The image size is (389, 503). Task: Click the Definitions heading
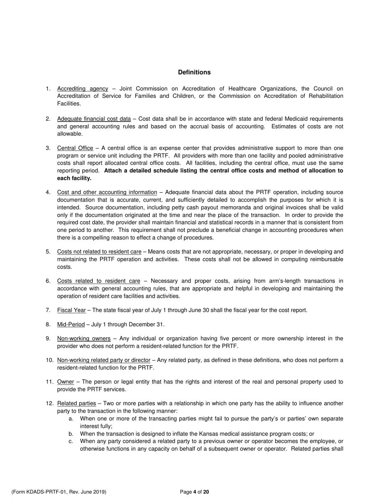tap(194, 72)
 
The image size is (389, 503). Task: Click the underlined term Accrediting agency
tap(83, 89)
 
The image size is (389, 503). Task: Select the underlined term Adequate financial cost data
tap(94, 119)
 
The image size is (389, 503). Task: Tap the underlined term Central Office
tap(75, 148)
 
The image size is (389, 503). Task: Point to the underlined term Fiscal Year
tap(71, 310)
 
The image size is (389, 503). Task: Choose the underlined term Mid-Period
tap(71, 325)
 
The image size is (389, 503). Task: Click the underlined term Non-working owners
tap(84, 339)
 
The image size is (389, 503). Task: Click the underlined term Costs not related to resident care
tap(99, 251)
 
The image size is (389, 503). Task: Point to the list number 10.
tap(50, 360)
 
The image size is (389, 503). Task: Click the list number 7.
tap(48, 310)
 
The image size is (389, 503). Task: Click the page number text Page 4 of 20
tap(194, 492)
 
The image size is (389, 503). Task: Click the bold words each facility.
tap(74, 178)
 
